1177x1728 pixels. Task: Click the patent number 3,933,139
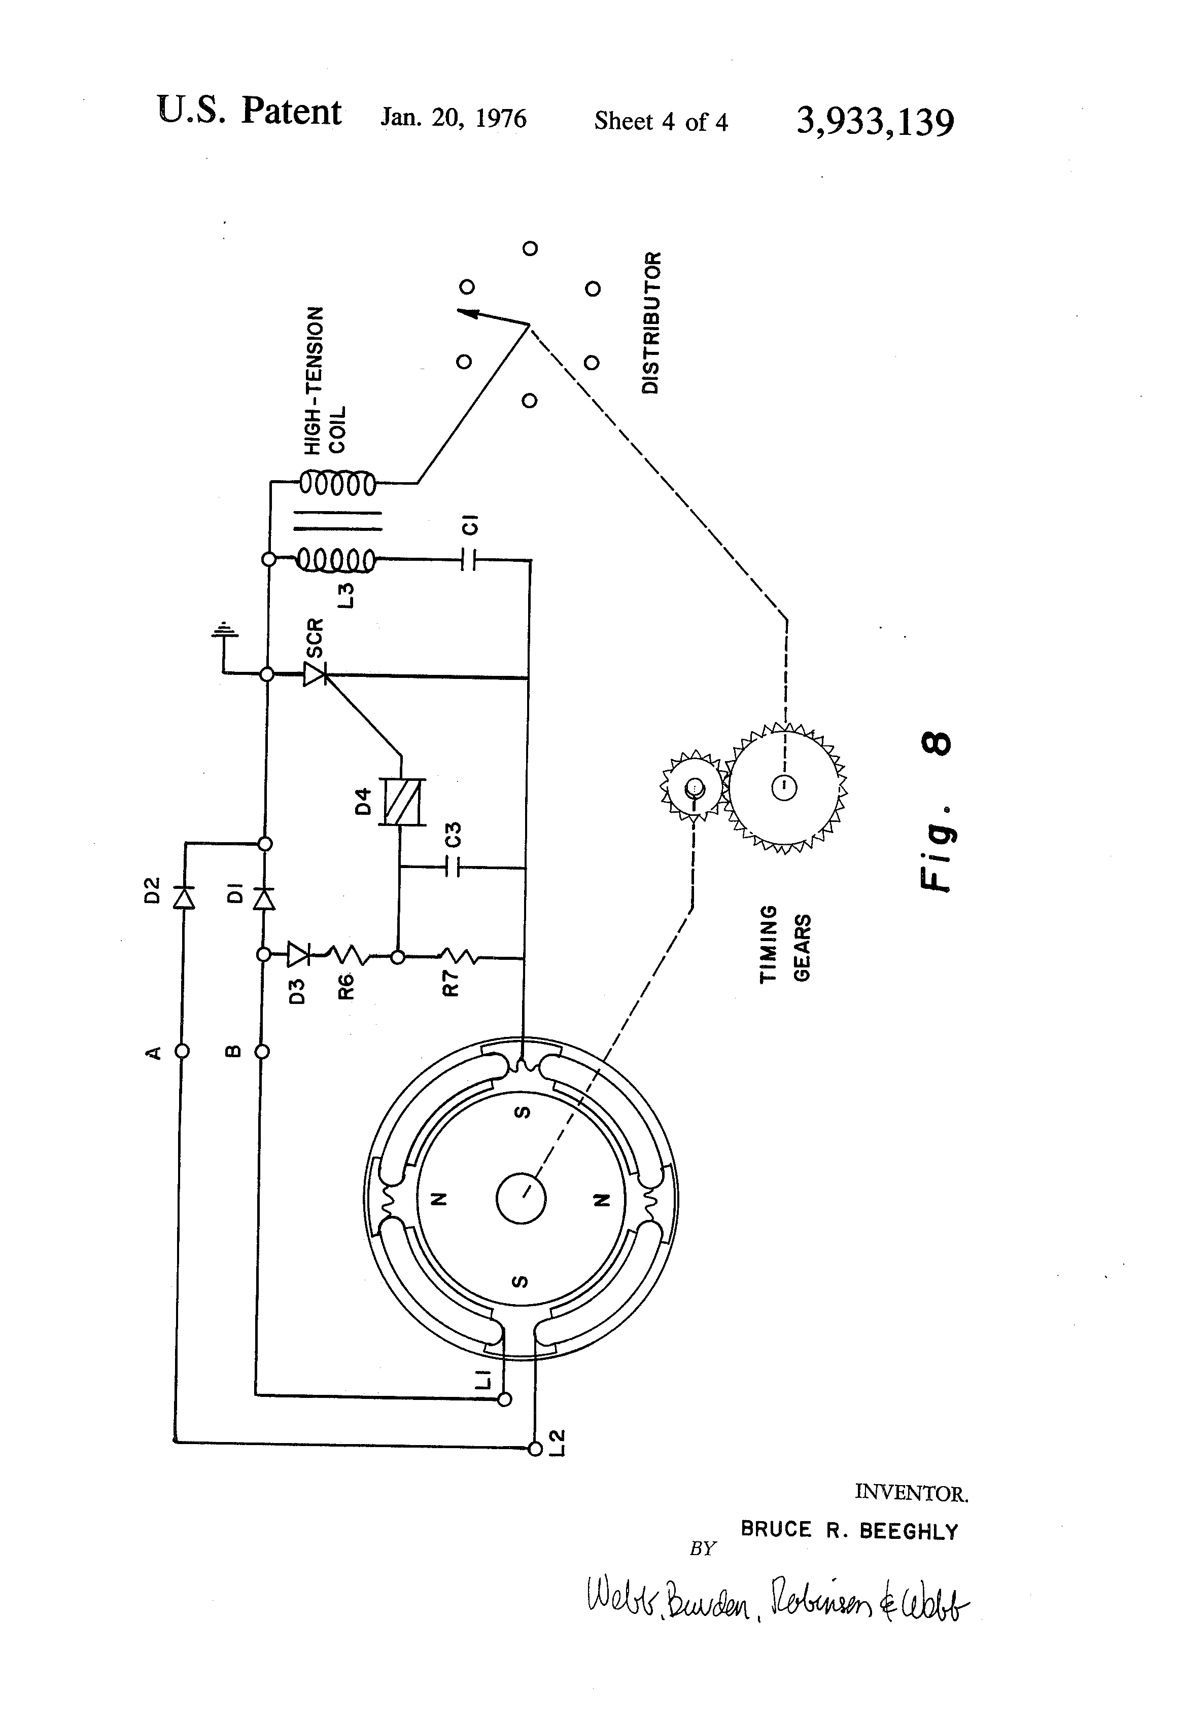875,121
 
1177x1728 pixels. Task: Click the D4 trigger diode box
402,802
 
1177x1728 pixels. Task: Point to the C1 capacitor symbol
468,559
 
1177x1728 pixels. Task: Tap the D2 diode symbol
183,897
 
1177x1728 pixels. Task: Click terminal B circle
262,1052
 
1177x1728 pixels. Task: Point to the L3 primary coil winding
336,559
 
